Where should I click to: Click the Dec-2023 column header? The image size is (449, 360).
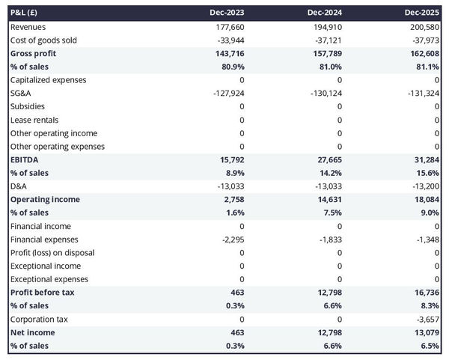229,13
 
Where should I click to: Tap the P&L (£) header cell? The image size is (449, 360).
26,13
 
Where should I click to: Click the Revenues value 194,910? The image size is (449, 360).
327,27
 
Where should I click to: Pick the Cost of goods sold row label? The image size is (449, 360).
43,40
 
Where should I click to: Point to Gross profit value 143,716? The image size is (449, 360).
228,54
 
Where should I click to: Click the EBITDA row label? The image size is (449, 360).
25,160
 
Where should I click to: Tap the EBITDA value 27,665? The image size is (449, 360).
328,160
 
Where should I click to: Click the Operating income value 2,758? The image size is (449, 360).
232,200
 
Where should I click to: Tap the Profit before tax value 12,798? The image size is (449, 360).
327,293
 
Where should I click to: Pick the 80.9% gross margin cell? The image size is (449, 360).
231,67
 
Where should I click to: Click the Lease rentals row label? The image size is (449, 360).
34,120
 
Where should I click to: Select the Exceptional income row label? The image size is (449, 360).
46,266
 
